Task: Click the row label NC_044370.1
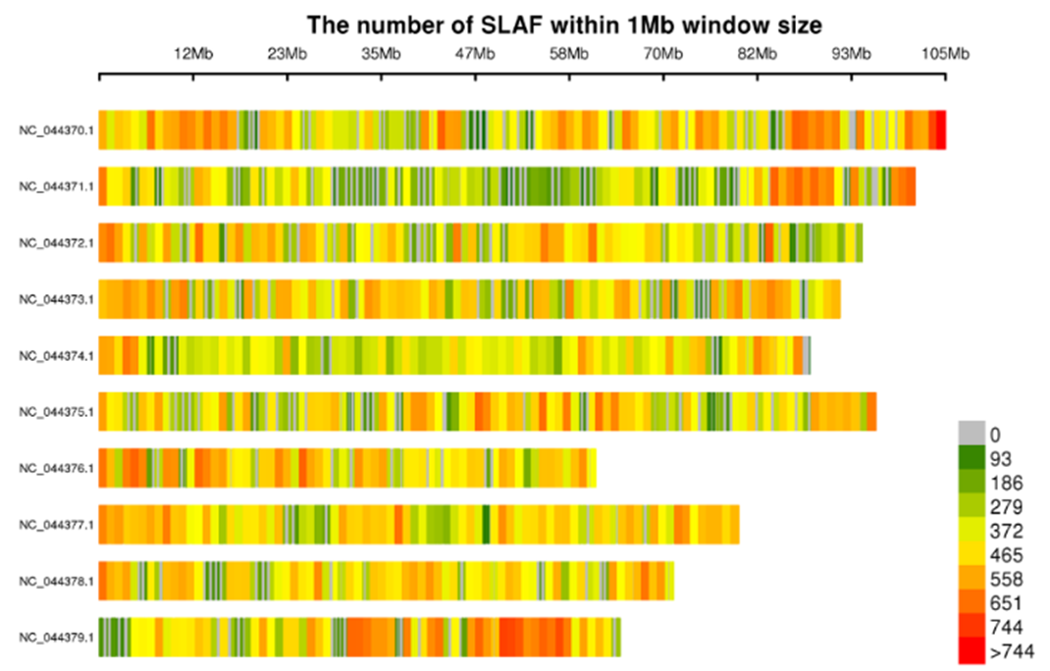point(56,129)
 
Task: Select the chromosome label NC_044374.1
point(56,355)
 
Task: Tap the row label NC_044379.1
point(56,638)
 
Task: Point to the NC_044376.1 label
point(56,468)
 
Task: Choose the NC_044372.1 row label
point(56,242)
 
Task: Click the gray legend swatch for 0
point(971,433)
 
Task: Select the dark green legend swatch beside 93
point(971,457)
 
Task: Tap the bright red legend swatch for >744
point(971,649)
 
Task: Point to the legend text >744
point(1011,650)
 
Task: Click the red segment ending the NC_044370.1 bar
point(939,129)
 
